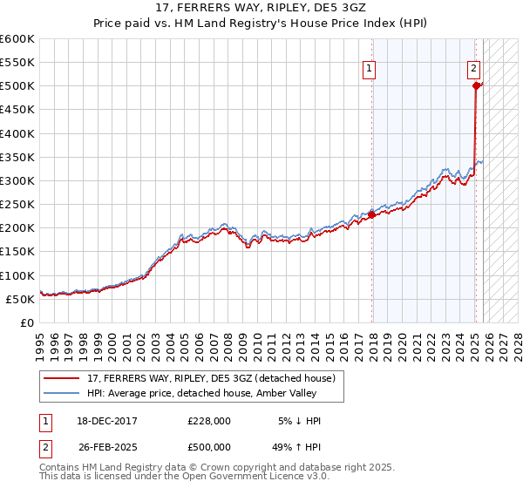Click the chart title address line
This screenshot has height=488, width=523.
coord(261,9)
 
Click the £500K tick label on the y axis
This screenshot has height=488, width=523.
coord(17,86)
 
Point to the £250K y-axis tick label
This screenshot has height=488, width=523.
coord(17,204)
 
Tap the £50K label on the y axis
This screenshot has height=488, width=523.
coord(20,299)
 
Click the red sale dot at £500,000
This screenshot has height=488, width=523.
coord(476,85)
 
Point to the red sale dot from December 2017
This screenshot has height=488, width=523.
coord(371,214)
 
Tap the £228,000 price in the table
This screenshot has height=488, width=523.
coord(210,421)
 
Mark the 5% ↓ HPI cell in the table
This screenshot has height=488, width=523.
coord(300,421)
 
